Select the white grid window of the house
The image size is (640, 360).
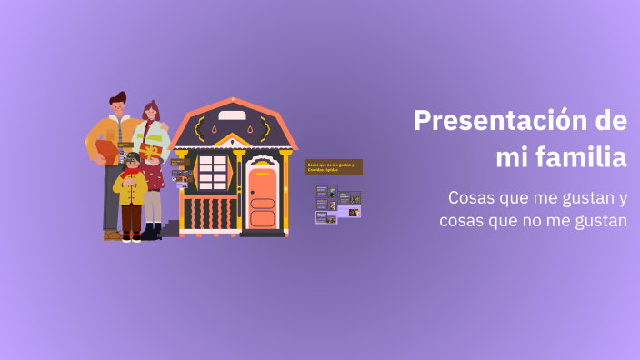coord(213,173)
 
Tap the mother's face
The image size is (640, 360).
coord(152,115)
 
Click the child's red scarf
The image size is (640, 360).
coord(132,172)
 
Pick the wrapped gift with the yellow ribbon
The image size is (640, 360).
coord(151,151)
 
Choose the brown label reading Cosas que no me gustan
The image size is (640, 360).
coord(334,167)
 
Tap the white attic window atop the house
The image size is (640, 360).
coord(232,115)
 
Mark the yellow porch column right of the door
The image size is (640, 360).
coord(285,191)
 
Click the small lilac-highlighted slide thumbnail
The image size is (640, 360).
coord(350,212)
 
